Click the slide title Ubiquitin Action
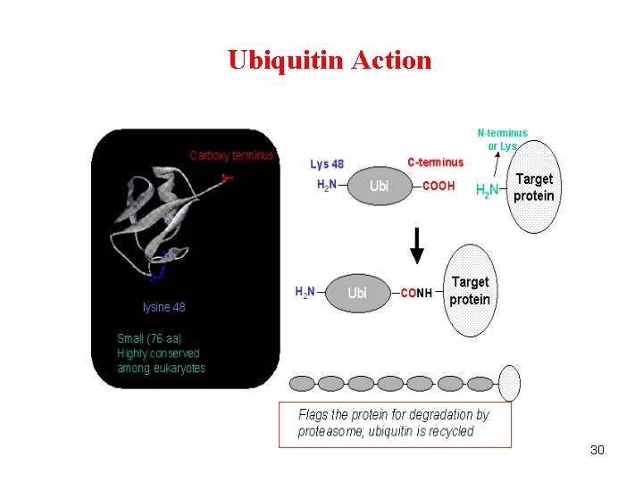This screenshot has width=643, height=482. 330,60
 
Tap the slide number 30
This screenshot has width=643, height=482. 597,450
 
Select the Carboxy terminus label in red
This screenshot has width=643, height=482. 231,155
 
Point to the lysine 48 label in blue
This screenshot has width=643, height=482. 164,307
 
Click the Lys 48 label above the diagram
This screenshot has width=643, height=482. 327,163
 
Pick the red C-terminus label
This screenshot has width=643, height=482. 435,162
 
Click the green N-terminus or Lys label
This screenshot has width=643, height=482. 502,139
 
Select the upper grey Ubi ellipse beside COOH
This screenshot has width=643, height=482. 380,187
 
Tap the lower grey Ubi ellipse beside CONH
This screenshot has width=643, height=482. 356,293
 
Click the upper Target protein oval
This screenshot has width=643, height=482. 535,188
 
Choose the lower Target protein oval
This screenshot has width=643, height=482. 470,291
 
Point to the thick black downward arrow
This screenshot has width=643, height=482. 416,245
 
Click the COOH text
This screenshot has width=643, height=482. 438,187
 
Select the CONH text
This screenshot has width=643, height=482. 416,293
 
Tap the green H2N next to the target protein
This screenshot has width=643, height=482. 487,190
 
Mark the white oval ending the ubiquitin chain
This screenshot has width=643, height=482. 509,382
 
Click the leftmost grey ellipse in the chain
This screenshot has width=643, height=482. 302,383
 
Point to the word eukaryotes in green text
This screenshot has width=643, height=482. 180,368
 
